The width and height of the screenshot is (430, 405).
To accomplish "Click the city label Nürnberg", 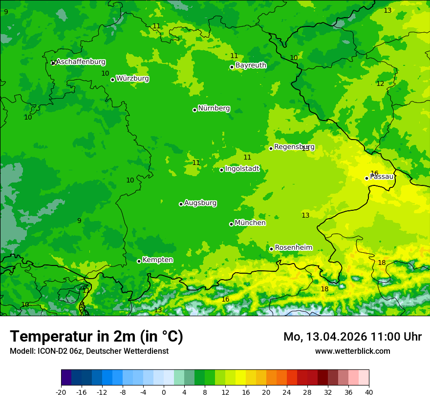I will (x=214, y=108).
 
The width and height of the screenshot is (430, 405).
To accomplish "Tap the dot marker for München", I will (x=231, y=224).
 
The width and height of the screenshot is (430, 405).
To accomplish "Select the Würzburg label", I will (x=132, y=79).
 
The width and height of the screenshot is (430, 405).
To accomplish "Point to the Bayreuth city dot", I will (x=232, y=67).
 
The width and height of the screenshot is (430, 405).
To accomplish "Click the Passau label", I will (x=382, y=177).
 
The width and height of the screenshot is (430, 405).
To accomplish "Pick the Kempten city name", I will (x=157, y=260).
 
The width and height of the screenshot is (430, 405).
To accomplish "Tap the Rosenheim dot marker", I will (x=271, y=249).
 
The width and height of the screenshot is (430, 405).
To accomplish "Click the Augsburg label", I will (x=200, y=203).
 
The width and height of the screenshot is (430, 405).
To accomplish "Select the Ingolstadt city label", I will (x=242, y=169).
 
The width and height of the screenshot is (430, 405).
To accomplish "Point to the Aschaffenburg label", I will (x=81, y=62).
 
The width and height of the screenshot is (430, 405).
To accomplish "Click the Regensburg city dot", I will (x=271, y=148).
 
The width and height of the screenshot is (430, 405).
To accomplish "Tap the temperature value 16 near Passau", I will (x=374, y=173).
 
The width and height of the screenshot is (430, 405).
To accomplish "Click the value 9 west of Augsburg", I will (x=79, y=221).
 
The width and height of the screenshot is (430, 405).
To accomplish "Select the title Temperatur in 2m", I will (x=96, y=337).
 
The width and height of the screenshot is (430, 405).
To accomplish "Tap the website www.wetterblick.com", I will (x=352, y=351).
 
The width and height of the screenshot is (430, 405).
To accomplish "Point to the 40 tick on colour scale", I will (x=369, y=392).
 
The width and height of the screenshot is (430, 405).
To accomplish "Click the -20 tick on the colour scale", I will (x=61, y=392).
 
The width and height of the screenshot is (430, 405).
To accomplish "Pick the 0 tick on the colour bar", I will (x=164, y=392).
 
